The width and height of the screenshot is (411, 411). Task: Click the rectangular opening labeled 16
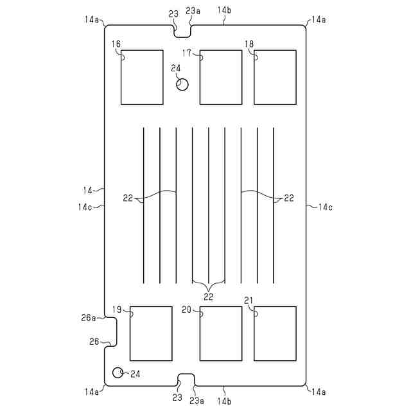coord(142,77)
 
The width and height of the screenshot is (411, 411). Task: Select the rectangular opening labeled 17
coord(220,77)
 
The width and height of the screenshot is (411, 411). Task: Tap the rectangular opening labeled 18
coord(275,77)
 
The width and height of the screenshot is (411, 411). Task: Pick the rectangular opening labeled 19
coord(151,333)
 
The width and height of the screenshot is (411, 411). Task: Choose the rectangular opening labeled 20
coord(220,333)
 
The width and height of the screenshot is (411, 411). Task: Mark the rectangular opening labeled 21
coord(275,333)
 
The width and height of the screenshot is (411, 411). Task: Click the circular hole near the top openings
coord(182,85)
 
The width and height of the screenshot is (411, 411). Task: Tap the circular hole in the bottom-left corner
coord(118,373)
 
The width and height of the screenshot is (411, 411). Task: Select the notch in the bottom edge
coord(186,380)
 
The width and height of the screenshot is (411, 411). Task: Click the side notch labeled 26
coord(110,333)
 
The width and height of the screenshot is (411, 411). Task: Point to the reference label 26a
coord(89,317)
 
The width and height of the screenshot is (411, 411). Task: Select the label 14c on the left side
coord(85,207)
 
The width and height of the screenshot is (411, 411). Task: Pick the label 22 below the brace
coord(208,297)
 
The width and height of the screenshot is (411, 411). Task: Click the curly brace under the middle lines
coord(208,284)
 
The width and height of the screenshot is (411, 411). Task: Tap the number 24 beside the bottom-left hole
coord(134,374)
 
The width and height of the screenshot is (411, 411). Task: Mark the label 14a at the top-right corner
coord(318,20)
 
